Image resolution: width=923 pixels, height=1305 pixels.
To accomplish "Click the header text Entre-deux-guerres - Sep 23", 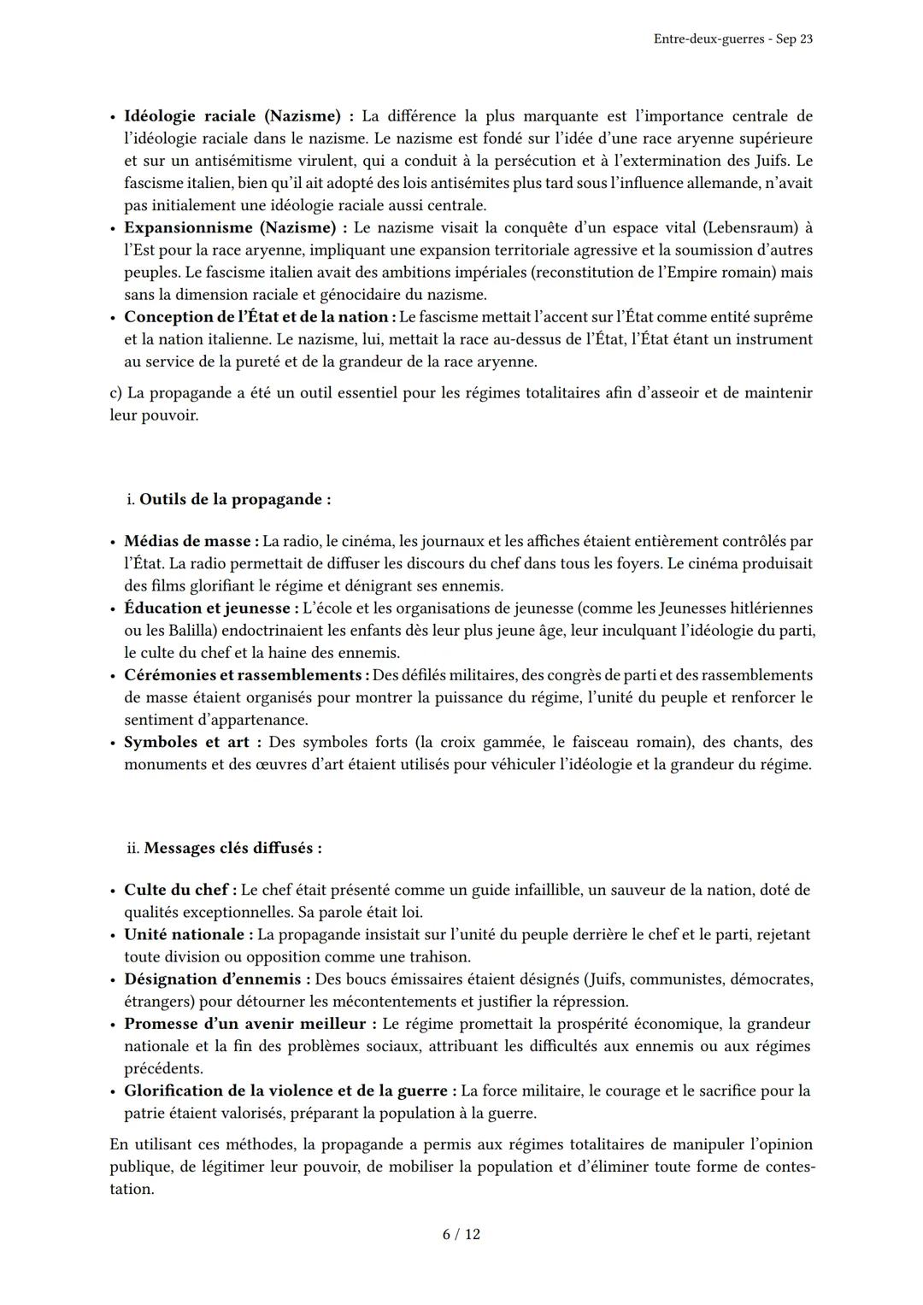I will click(x=732, y=39).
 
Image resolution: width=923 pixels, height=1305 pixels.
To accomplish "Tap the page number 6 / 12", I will click(x=461, y=1234).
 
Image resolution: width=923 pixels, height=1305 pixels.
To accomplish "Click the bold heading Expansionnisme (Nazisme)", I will click(x=229, y=227).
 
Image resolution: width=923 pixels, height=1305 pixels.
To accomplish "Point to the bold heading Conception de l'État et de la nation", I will click(x=256, y=317).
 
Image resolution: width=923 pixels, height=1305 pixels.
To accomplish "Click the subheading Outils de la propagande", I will click(x=233, y=499).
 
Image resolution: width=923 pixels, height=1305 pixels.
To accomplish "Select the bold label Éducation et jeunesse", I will click(x=207, y=608).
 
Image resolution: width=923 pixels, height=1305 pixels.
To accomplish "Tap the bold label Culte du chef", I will click(x=175, y=890).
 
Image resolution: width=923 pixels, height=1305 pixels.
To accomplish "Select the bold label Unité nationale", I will click(x=184, y=935).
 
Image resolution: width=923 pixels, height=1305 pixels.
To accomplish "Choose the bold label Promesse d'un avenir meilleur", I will click(x=244, y=1024).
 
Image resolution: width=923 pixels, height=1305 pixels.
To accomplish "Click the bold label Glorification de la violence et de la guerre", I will click(x=285, y=1090).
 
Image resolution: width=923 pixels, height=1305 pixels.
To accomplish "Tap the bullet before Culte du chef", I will click(x=113, y=891).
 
